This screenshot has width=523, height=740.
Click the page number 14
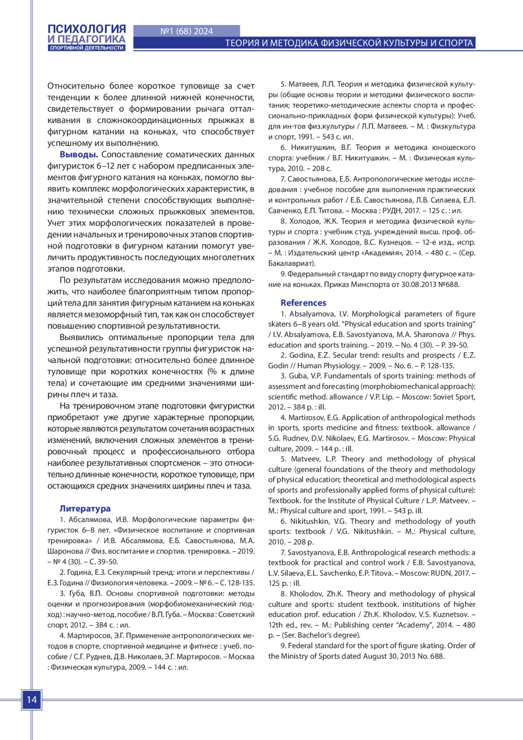[32, 700]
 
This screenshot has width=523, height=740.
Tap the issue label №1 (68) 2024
[187, 31]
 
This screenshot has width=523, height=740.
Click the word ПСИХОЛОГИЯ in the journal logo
[87, 29]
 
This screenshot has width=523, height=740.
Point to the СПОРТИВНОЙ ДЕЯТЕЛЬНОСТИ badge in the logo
[87, 48]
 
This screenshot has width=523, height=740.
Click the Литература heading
[85, 508]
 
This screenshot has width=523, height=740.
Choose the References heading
[303, 303]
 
